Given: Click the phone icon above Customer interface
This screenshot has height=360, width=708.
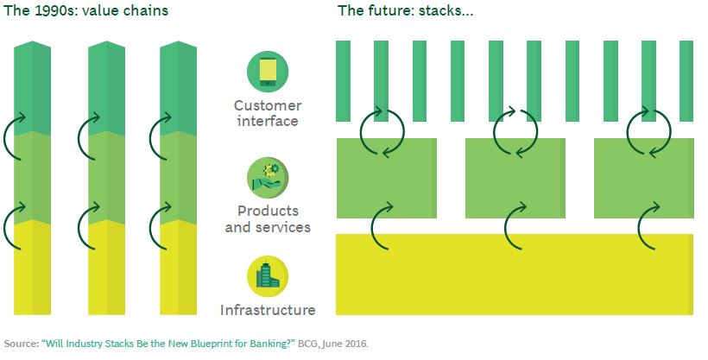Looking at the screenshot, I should click(267, 73).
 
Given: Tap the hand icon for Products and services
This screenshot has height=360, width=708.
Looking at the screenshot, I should click(267, 175).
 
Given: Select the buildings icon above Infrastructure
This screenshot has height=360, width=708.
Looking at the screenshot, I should click(267, 276).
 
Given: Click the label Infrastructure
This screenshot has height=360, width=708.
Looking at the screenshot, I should click(267, 309).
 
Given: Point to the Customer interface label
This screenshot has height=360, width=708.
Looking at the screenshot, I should click(267, 113).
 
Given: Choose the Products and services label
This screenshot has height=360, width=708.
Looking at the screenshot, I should click(267, 219).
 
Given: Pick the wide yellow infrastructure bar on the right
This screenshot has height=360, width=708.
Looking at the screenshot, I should click(515, 275).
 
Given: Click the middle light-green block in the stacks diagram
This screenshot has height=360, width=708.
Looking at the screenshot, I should click(515, 178).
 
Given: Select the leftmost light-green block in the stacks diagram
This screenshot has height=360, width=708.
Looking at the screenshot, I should click(387, 178).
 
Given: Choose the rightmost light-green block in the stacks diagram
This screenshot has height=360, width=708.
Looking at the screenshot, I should click(644, 178).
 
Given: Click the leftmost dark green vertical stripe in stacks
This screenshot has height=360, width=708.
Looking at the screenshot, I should click(344, 80).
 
